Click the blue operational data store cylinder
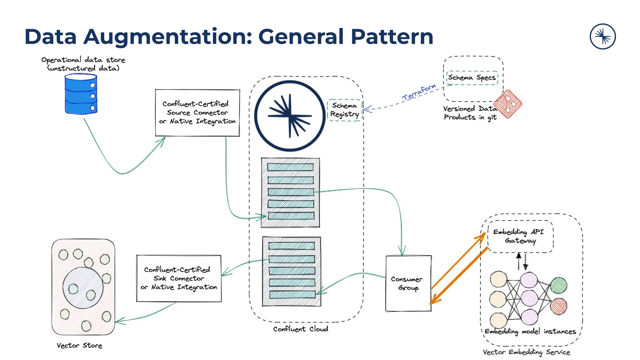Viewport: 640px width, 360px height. (x=81, y=94)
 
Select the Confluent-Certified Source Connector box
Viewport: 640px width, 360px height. (x=197, y=113)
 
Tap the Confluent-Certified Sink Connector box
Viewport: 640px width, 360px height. (x=179, y=278)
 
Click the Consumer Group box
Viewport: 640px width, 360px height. (x=408, y=283)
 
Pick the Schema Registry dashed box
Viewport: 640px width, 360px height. (x=345, y=110)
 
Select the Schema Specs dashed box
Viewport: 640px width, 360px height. (x=472, y=77)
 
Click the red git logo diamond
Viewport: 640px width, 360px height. (x=508, y=104)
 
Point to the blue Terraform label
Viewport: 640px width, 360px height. (x=419, y=92)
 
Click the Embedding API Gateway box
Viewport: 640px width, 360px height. (x=520, y=237)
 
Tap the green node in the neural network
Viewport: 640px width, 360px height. (x=559, y=285)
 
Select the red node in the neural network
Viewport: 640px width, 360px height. (x=559, y=306)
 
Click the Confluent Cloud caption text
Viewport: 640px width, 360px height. (x=301, y=329)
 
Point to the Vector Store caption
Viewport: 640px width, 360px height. (x=79, y=346)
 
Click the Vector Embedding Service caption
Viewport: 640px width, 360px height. (x=526, y=352)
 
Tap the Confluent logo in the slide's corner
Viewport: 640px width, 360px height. (x=602, y=37)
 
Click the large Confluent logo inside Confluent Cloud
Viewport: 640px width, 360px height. (x=290, y=116)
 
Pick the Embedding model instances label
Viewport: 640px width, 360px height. (x=530, y=332)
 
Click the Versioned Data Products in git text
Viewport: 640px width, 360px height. (x=470, y=113)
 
